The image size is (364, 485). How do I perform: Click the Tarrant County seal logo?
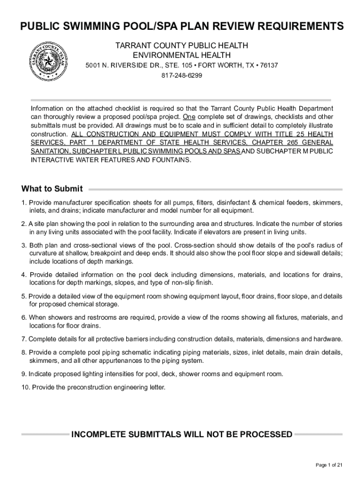(x=48, y=61)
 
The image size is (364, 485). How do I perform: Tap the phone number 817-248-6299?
(x=182, y=75)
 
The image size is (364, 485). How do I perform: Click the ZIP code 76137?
(x=269, y=65)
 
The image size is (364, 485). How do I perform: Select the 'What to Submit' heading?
(x=52, y=189)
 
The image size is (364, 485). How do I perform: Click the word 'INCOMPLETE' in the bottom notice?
(x=98, y=434)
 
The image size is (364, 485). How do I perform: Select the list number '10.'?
(x=25, y=387)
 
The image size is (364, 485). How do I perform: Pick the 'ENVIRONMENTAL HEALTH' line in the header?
(x=182, y=55)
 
